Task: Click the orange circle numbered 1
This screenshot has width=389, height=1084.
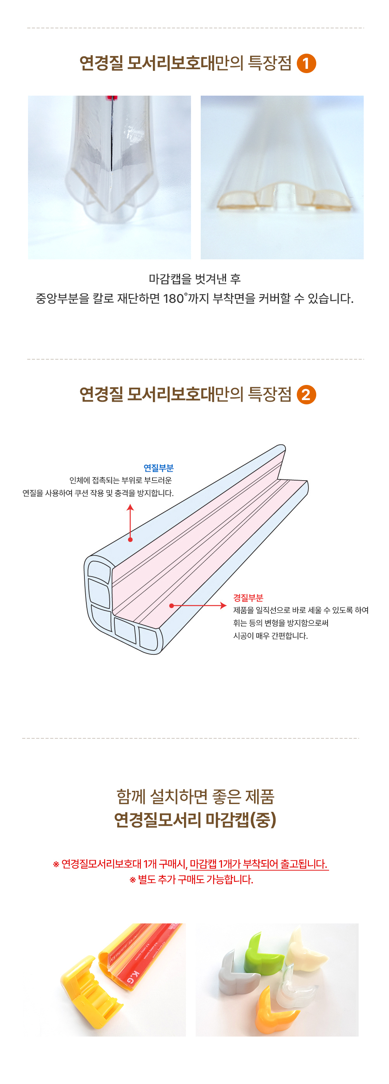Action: tap(306, 63)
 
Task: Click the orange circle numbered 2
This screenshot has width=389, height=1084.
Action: tap(306, 395)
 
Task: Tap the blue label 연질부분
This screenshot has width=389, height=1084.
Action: tap(158, 468)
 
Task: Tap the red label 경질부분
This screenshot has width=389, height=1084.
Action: tap(248, 598)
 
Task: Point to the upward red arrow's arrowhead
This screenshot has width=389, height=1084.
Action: tap(130, 507)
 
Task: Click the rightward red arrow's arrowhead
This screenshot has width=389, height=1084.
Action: tap(224, 605)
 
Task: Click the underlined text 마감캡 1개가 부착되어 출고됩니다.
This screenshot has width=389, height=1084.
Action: tap(259, 864)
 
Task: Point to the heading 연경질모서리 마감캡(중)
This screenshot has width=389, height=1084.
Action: tap(195, 819)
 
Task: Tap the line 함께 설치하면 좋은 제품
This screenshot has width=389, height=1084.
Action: tap(195, 796)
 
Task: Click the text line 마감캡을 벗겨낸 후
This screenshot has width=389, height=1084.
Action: tap(194, 278)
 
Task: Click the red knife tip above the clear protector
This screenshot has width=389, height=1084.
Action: tap(111, 98)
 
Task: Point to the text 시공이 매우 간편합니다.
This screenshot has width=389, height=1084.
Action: tap(270, 635)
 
